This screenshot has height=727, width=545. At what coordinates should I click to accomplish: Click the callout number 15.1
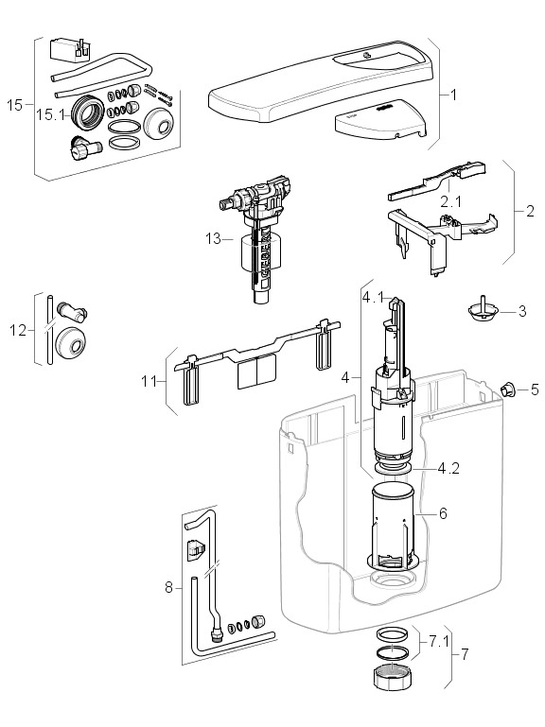(51, 114)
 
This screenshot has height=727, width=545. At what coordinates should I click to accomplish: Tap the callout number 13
(214, 239)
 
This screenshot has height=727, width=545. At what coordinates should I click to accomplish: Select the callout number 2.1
(450, 201)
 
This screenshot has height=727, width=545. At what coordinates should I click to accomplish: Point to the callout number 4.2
(448, 468)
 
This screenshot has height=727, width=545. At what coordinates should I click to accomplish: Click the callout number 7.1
(439, 642)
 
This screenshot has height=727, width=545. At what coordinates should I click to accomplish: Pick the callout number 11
(149, 381)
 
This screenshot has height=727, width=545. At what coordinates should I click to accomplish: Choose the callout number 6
(443, 513)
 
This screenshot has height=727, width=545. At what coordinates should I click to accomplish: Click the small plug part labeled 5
(508, 389)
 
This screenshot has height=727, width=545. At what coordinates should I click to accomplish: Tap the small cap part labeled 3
(482, 310)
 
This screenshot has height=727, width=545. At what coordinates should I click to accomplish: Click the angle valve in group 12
(73, 311)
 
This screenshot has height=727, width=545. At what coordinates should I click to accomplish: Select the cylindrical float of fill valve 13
(261, 253)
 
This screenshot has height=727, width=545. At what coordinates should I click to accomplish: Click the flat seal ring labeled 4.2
(393, 469)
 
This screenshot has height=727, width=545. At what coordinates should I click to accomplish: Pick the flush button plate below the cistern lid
(379, 119)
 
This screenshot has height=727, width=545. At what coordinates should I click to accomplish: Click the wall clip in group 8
(196, 550)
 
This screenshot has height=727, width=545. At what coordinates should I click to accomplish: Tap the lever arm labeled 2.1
(436, 181)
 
